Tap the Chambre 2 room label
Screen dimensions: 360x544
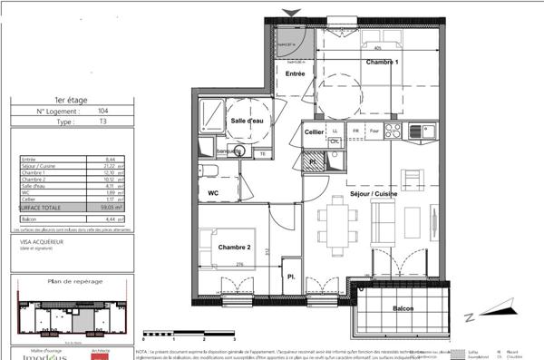pos(233,246)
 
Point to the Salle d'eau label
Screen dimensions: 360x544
pos(247,121)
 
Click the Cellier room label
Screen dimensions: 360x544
pos(315,132)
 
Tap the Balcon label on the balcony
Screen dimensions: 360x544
pos(405,308)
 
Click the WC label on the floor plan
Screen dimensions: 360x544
pos(214,193)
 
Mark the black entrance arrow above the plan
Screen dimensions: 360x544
pos(291,11)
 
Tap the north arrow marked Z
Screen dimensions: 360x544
pos(470,316)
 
